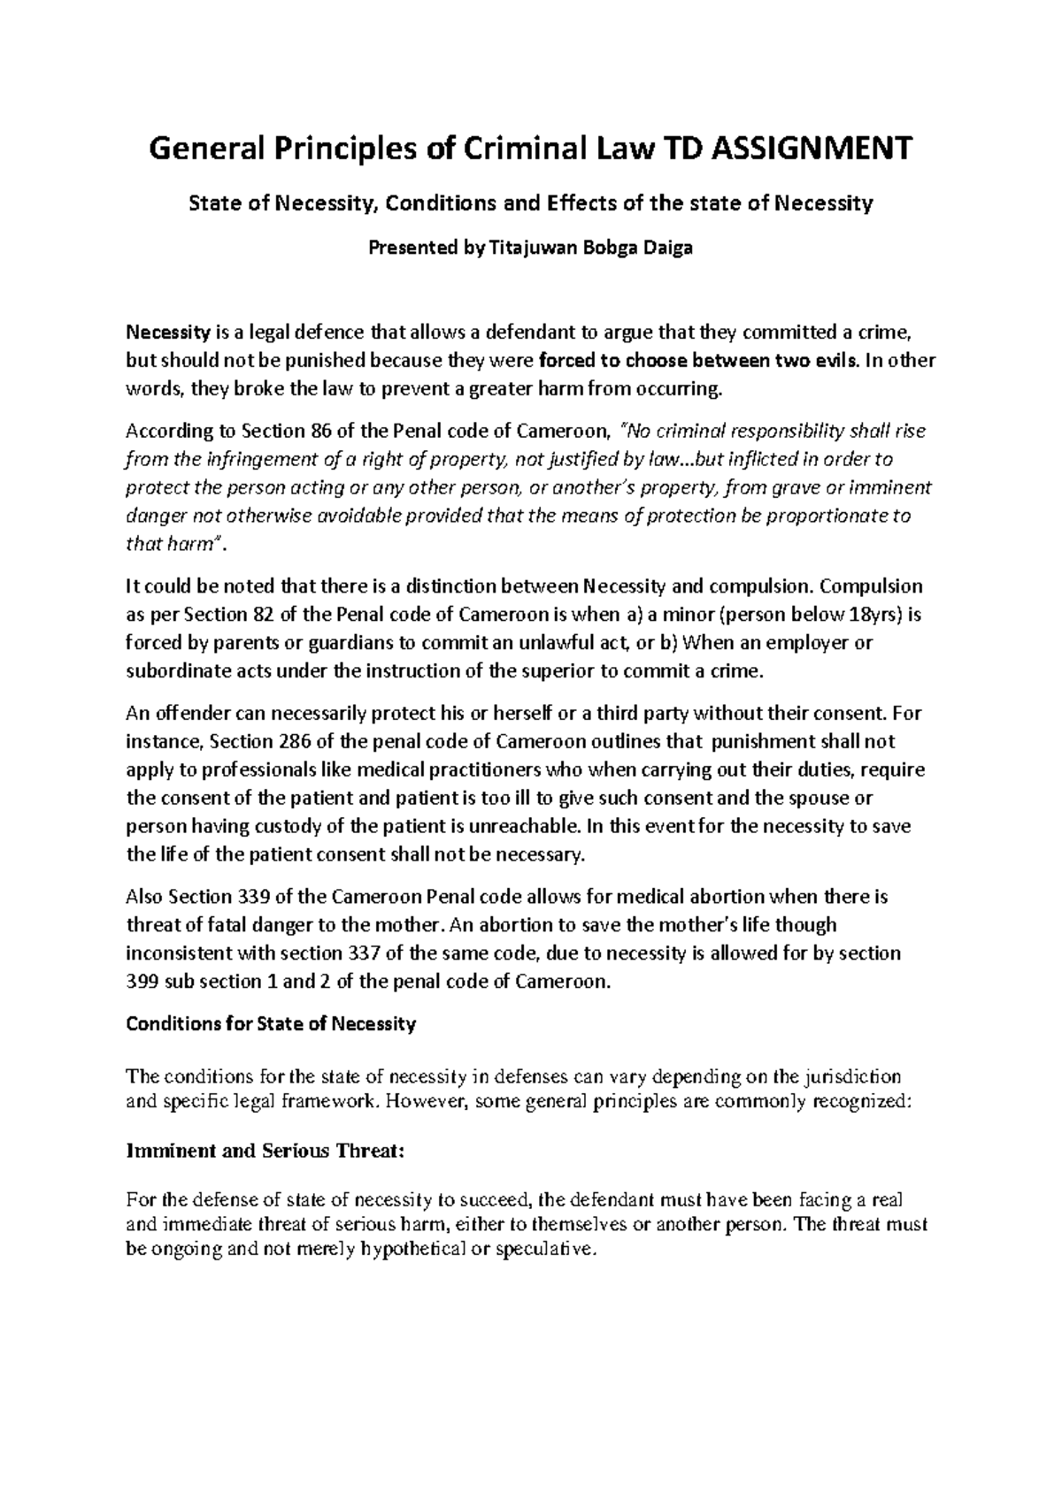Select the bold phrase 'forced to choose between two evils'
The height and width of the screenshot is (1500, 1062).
697,360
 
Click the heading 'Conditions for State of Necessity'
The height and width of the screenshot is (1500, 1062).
271,1024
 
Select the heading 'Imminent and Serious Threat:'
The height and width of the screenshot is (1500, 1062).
265,1152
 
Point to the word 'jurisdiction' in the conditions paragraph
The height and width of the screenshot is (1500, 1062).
850,1077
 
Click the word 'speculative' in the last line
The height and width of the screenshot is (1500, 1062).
541,1251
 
